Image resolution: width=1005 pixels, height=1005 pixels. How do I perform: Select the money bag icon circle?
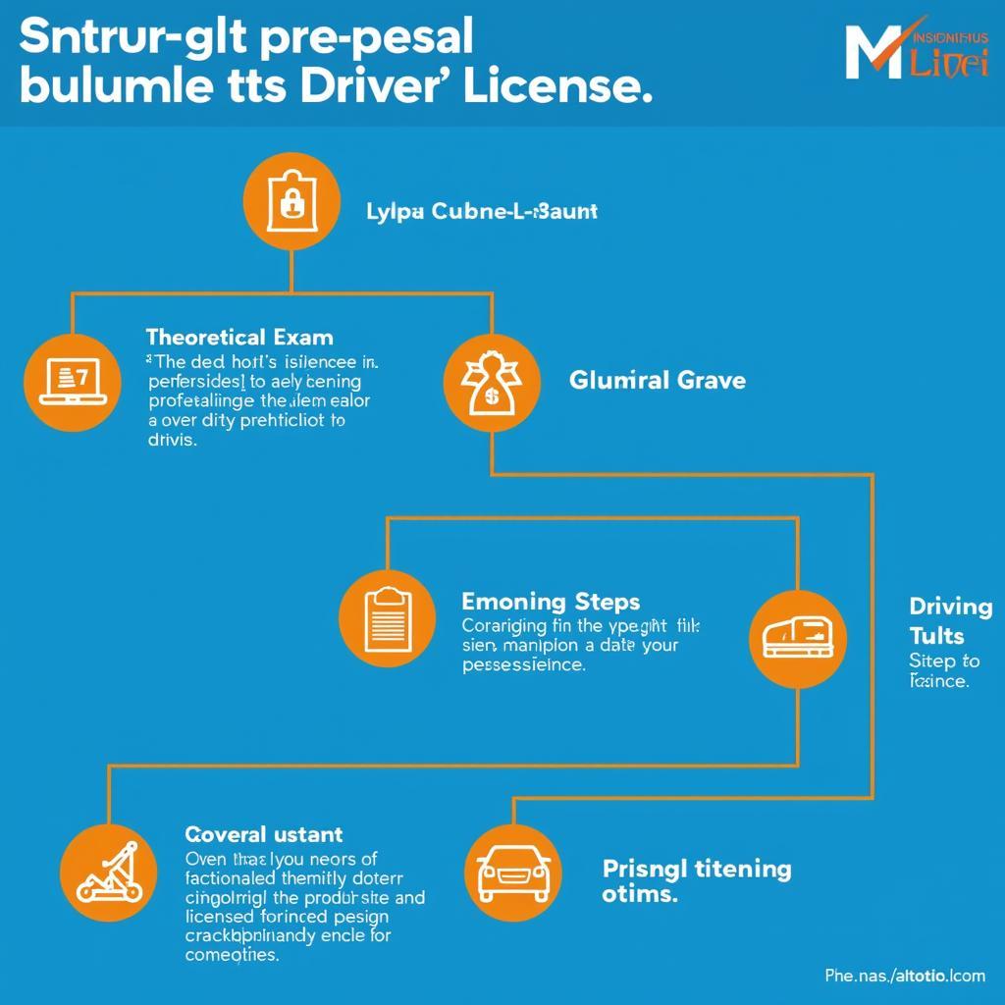(491, 381)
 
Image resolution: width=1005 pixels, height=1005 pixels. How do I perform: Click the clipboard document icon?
(387, 618)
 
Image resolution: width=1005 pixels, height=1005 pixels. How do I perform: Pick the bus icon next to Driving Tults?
(797, 638)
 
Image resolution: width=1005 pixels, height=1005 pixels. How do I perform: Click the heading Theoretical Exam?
(239, 338)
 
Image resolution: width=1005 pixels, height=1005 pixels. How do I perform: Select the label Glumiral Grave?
(658, 379)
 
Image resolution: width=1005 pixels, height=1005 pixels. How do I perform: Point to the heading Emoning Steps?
(550, 601)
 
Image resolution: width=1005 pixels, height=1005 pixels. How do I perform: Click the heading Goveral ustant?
(264, 834)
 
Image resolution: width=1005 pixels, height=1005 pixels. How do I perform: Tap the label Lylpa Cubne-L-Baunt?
(481, 211)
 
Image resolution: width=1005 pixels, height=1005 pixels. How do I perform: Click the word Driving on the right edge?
(950, 607)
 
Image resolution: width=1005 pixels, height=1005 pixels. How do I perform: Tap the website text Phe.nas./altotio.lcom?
(904, 976)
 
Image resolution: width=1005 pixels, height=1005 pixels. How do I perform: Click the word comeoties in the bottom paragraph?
(232, 954)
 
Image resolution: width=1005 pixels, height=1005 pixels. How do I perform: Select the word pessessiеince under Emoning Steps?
(523, 664)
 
